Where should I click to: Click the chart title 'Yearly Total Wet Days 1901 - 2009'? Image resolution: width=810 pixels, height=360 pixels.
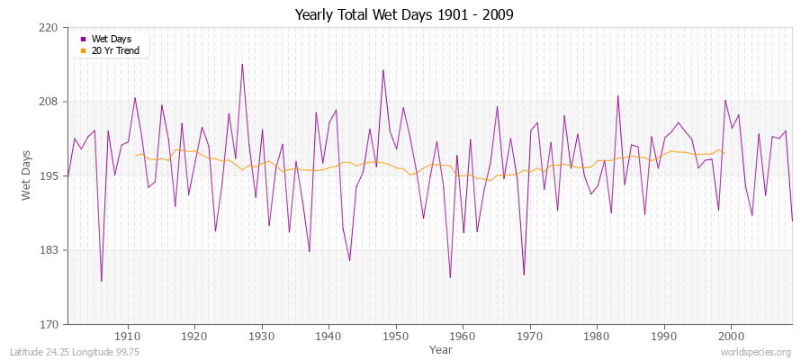(x=405, y=15)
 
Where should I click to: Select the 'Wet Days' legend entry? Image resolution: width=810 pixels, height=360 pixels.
(x=111, y=39)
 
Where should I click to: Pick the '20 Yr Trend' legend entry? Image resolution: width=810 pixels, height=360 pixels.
(x=115, y=50)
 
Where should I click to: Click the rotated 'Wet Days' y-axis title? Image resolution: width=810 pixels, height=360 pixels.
(x=26, y=175)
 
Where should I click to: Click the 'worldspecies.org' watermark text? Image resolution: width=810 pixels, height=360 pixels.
(x=757, y=352)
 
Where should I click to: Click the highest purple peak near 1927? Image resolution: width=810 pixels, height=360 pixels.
(x=241, y=64)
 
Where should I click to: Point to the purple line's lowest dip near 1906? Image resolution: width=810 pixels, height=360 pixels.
(x=101, y=281)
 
